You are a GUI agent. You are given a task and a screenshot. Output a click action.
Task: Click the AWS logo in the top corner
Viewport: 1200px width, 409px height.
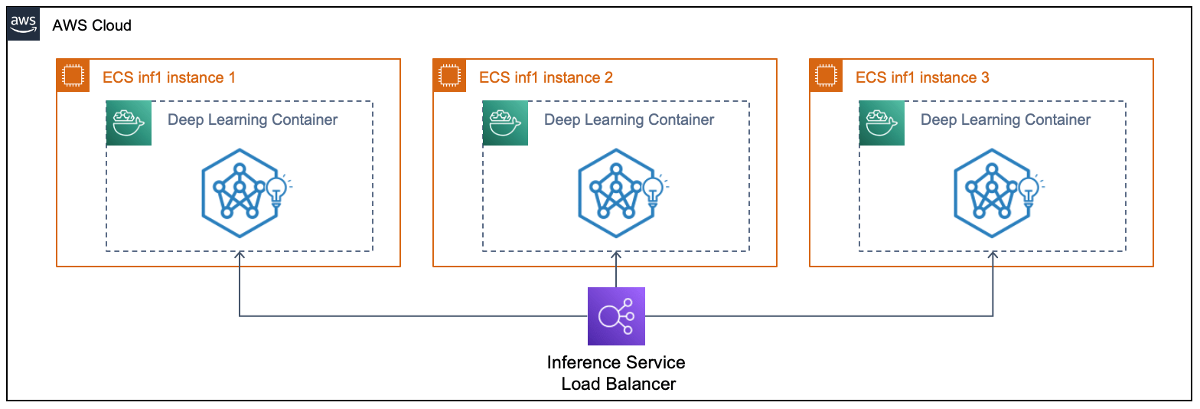point(23,25)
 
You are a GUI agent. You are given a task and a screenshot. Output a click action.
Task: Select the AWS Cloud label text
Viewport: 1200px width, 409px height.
point(92,25)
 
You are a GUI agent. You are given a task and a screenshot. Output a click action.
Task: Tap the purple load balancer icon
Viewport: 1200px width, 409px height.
point(616,316)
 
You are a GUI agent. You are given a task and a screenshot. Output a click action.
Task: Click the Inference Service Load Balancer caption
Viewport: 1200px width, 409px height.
point(617,372)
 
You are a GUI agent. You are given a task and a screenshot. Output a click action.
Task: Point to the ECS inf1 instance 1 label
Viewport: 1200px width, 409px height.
point(169,77)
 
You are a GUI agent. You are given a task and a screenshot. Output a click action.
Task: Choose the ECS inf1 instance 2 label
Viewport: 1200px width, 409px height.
point(546,77)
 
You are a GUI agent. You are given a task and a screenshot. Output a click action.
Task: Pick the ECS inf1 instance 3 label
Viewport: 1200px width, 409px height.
point(922,77)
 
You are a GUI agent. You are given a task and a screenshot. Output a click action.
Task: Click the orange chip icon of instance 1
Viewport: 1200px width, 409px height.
point(73,76)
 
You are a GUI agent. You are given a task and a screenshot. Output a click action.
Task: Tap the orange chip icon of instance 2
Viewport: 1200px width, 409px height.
point(450,76)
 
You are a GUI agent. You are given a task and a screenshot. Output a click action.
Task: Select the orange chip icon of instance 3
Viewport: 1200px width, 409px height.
point(827,76)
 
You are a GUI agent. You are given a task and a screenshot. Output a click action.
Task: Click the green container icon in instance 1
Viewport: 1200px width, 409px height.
point(129,123)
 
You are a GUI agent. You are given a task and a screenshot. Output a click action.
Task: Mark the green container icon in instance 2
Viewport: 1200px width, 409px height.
point(505,123)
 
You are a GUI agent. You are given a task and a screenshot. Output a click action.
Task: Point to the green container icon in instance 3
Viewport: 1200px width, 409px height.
point(882,123)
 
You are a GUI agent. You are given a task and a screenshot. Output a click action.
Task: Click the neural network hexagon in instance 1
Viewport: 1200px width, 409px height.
point(239,191)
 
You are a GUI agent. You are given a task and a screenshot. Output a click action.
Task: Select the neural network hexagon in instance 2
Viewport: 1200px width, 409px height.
point(615,191)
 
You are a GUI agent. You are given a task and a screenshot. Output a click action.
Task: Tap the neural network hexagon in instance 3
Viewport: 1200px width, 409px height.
point(992,191)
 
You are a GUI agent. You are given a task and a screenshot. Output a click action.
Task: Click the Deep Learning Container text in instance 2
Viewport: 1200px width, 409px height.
point(629,119)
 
